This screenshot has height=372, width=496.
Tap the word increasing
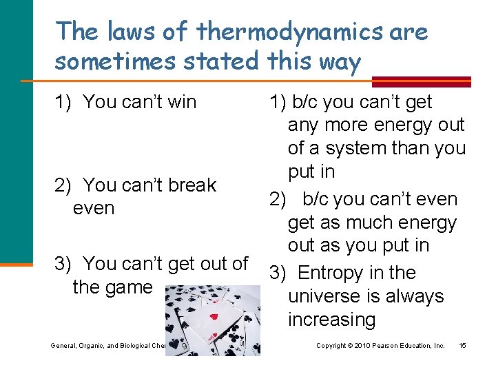331,320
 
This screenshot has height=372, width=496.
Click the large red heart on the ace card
214,317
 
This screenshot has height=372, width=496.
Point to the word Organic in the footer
94,344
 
